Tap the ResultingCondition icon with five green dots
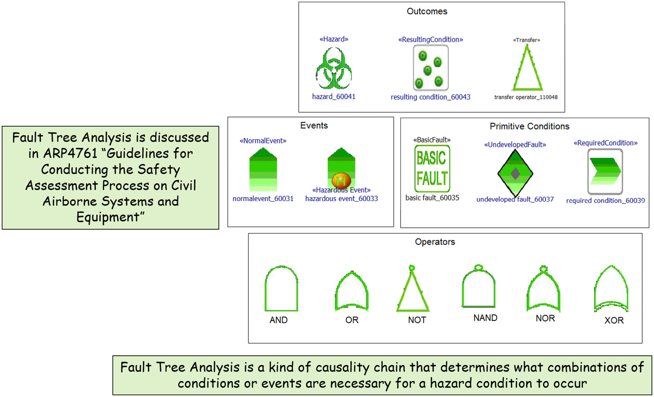click(430, 67)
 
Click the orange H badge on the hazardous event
click(341, 180)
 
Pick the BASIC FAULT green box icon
click(432, 169)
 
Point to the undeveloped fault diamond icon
click(515, 173)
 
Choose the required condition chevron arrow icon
click(605, 171)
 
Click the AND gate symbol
click(265, 289)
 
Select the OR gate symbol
click(336, 292)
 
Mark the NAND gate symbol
click(463, 289)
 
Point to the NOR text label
click(545, 318)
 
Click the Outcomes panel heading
click(427, 12)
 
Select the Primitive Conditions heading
click(529, 126)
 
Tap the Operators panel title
click(435, 242)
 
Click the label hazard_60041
click(334, 97)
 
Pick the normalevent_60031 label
click(263, 199)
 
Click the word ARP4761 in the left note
click(70, 153)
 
